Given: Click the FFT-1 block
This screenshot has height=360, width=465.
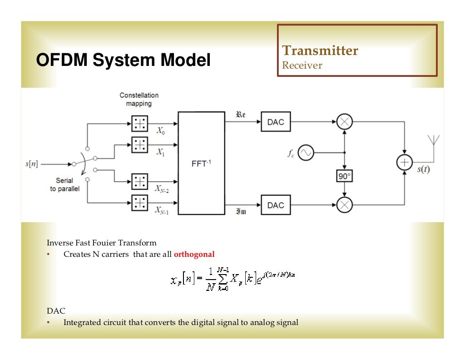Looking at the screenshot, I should pos(201,163).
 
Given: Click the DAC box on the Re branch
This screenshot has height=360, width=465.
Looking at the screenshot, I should pos(276,122).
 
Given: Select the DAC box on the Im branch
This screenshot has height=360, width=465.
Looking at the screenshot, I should pos(276,205).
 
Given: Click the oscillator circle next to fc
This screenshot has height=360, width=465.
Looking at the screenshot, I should pos(306,153).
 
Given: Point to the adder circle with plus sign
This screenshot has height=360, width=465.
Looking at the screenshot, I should pos(404,163).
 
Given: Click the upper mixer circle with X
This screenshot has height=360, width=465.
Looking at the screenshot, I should pos(345,122).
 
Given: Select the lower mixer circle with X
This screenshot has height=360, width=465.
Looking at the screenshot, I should pos(345,205).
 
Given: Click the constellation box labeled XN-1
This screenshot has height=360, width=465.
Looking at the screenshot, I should pos(140,202).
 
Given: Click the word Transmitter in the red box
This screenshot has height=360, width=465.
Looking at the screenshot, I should pos(320,50).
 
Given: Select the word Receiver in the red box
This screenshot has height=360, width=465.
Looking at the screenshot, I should pos(302,65).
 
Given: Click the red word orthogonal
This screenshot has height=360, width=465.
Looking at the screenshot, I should pos(194,254).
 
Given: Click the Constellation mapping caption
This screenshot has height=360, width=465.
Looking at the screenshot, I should pos(139,99).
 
